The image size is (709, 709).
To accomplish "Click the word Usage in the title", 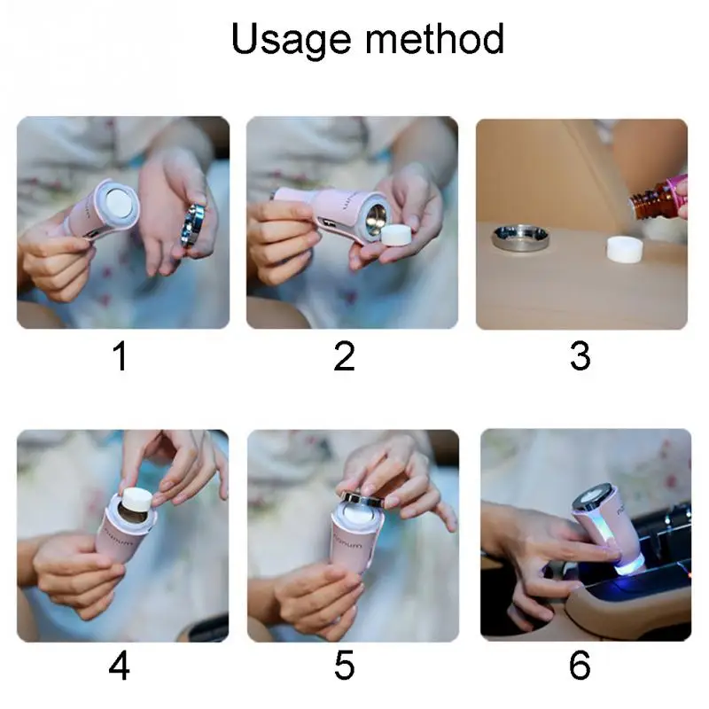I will point(284,40).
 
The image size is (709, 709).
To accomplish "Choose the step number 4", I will point(120,666).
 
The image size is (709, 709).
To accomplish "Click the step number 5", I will point(344,666).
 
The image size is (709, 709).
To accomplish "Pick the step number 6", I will point(580,666).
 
